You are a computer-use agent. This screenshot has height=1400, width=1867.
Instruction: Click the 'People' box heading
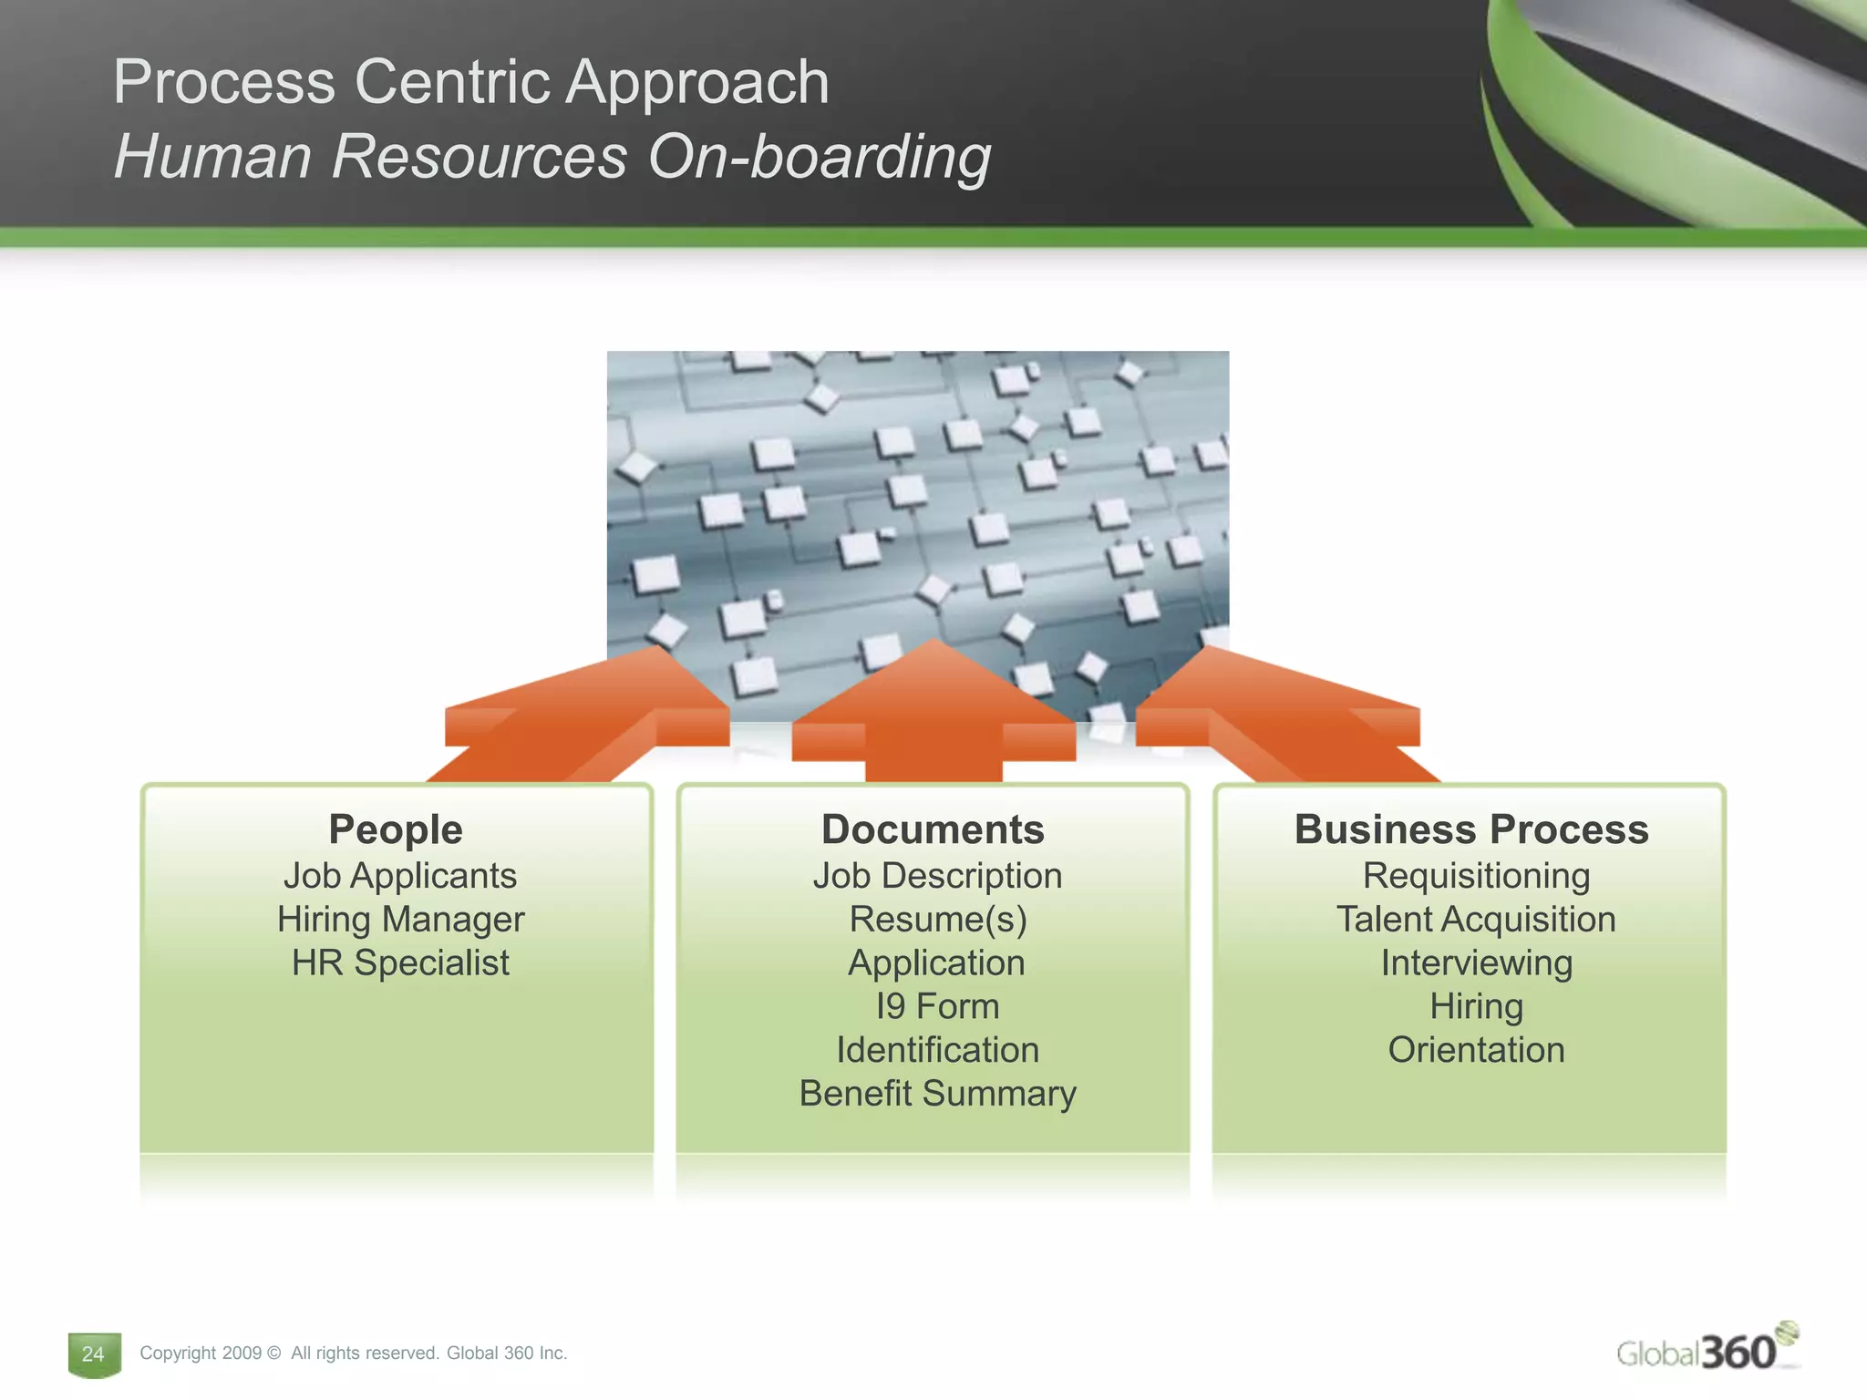pyautogui.click(x=396, y=829)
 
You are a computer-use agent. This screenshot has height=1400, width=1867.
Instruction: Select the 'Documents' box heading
pyautogui.click(x=933, y=829)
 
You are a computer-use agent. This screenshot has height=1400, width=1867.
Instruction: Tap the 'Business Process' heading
pyautogui.click(x=1471, y=829)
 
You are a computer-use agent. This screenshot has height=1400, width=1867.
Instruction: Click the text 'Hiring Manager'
pyautogui.click(x=400, y=919)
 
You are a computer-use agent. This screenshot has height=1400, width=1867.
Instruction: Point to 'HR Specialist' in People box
pyautogui.click(x=400, y=962)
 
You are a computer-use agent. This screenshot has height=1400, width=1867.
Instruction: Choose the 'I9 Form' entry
pyautogui.click(x=937, y=1006)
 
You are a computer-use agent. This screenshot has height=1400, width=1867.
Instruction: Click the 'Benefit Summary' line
pyautogui.click(x=937, y=1093)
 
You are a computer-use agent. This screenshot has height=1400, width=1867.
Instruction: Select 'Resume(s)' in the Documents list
pyautogui.click(x=937, y=919)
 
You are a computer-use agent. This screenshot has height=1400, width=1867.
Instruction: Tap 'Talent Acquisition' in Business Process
pyautogui.click(x=1475, y=919)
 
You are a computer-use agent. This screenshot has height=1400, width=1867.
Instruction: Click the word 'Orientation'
pyautogui.click(x=1475, y=1050)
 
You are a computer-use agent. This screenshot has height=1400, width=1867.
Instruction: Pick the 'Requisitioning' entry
pyautogui.click(x=1475, y=875)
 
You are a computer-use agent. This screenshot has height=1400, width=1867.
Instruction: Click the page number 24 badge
pyautogui.click(x=93, y=1354)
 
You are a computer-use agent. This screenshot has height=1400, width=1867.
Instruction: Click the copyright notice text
pyautogui.click(x=353, y=1354)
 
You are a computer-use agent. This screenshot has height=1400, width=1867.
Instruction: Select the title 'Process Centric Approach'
pyautogui.click(x=470, y=82)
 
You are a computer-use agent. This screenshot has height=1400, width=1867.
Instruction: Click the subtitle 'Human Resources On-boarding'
pyautogui.click(x=552, y=157)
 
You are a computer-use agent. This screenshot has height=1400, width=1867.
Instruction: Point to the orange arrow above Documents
pyautogui.click(x=933, y=720)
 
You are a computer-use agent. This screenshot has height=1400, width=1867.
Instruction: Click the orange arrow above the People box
pyautogui.click(x=583, y=720)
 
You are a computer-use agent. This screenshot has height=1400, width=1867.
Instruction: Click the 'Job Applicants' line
pyautogui.click(x=400, y=875)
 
